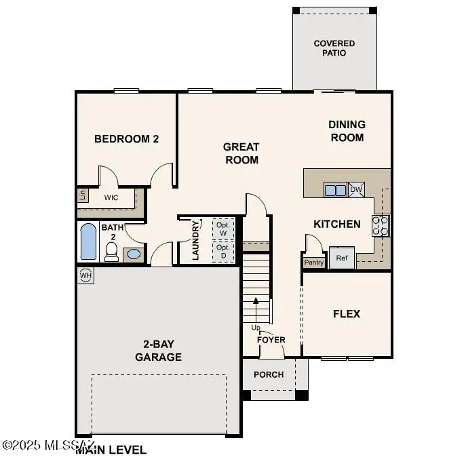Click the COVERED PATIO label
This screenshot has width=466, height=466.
[334, 48]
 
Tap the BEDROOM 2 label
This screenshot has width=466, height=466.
[126, 139]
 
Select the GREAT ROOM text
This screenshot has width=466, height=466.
[241, 153]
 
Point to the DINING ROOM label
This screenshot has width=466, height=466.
[347, 130]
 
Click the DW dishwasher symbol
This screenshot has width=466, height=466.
[357, 190]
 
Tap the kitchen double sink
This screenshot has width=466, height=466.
[335, 190]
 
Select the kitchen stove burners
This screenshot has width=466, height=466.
[381, 225]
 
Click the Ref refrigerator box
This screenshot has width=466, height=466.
[342, 258]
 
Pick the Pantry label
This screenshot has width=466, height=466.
[314, 262]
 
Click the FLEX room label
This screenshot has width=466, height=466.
[346, 314]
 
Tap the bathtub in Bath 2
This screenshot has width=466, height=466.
[88, 242]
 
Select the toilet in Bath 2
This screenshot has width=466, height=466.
[112, 252]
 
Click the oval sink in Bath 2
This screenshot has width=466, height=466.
[134, 254]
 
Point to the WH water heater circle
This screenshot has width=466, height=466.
[85, 275]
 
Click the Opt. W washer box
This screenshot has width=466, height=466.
[223, 228]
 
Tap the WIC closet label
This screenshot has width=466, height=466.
[112, 198]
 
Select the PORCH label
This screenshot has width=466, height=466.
[269, 374]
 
